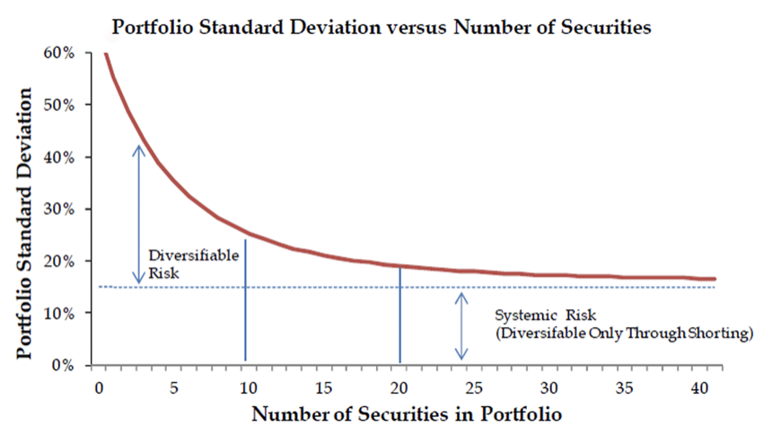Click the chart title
381,27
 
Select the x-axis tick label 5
173,386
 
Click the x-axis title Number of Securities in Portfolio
407,414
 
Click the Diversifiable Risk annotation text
180,262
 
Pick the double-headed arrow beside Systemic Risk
461,325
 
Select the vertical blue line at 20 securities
399,315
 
